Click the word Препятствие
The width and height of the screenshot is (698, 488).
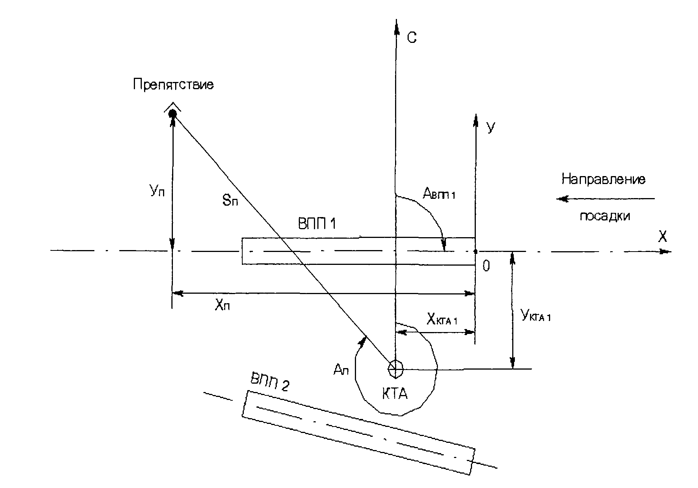tap(173, 84)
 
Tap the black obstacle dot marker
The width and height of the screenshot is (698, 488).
tap(173, 113)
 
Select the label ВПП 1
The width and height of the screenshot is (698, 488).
tap(317, 224)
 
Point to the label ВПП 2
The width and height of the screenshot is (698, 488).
tap(270, 383)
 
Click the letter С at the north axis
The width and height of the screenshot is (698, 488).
tap(412, 38)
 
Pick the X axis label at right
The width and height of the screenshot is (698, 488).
tap(662, 237)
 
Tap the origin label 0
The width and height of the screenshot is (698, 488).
tap(486, 267)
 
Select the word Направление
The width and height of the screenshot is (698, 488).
tap(603, 179)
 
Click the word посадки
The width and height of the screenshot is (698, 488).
tap(605, 216)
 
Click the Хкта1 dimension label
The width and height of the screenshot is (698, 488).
tap(442, 320)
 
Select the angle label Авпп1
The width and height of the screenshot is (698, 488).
tap(439, 194)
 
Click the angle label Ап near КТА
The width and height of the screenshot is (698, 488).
tap(341, 369)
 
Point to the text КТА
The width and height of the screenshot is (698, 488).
tap(394, 394)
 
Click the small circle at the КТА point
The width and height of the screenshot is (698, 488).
tap(395, 368)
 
